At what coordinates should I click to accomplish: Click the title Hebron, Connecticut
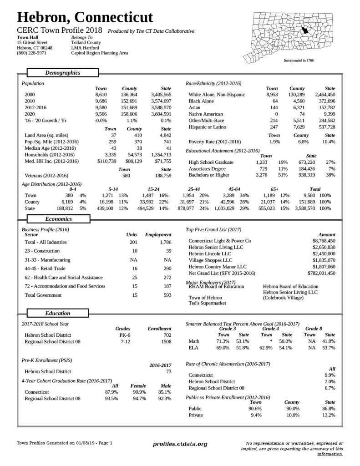point(85,17)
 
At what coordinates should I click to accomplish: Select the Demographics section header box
point(62,73)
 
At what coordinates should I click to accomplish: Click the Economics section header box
point(58,219)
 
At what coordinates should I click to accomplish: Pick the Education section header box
point(58,313)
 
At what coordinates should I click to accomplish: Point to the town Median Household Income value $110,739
point(107,161)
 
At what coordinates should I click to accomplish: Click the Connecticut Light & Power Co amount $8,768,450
point(324,240)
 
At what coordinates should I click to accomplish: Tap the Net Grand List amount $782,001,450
point(321,273)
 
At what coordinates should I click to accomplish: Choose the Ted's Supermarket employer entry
point(207,303)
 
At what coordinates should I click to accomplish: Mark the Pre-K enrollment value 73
point(167,371)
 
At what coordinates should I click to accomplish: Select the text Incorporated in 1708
point(299,60)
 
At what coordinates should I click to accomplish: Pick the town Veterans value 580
point(126,175)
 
